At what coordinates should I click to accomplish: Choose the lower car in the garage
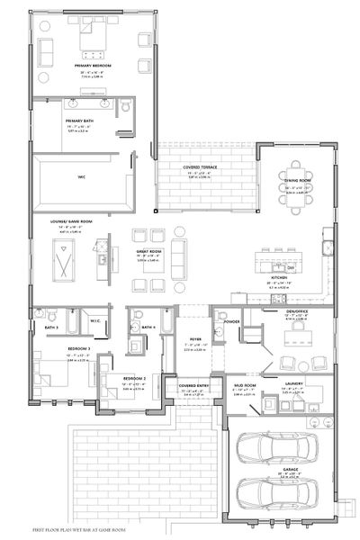(x=276, y=493)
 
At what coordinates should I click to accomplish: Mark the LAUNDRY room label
(x=294, y=382)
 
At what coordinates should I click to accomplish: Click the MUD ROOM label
(x=242, y=382)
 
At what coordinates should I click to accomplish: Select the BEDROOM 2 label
(x=134, y=379)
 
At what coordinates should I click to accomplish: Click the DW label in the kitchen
(x=291, y=267)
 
